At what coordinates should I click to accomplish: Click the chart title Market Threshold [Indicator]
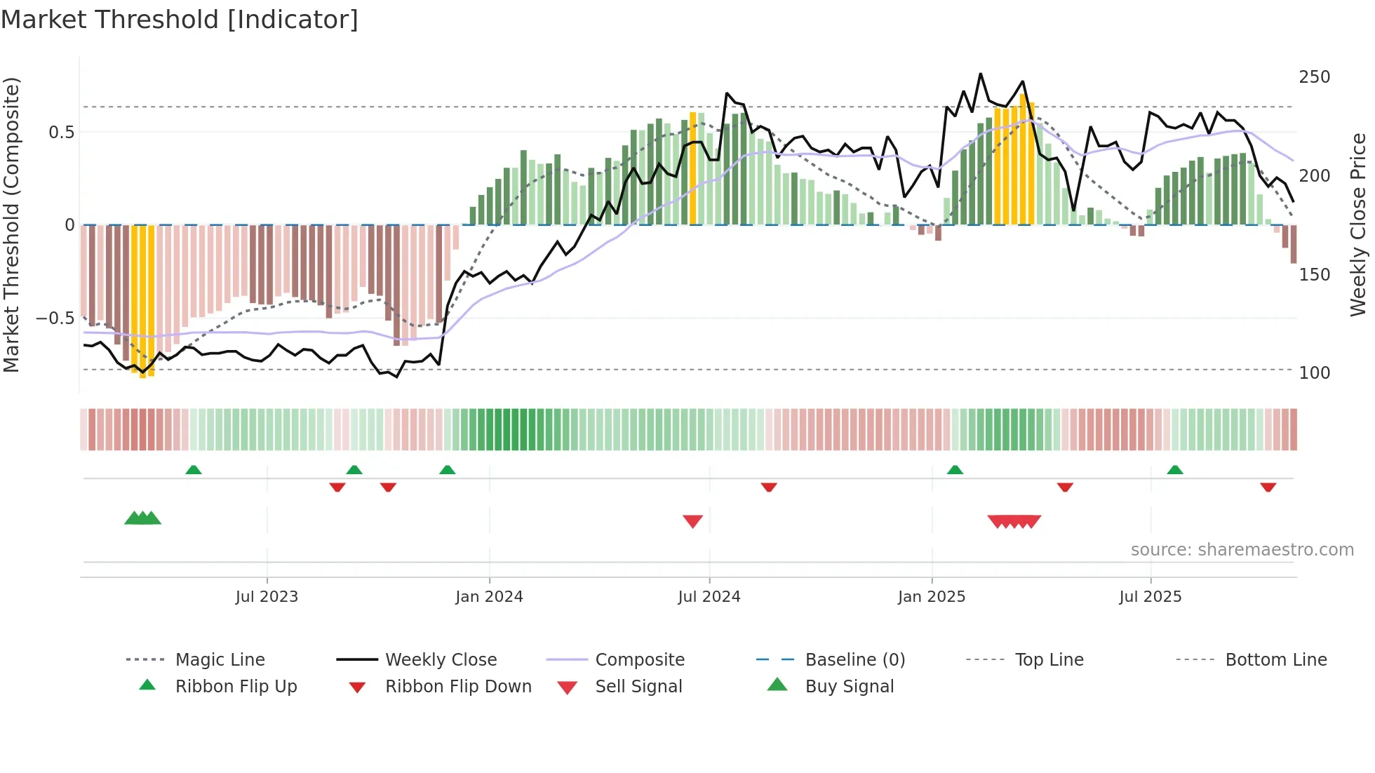point(180,20)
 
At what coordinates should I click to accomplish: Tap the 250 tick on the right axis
point(1314,77)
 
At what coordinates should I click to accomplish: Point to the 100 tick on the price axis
point(1314,373)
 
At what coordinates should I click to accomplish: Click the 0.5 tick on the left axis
point(61,133)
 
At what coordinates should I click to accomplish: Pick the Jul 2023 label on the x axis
point(267,597)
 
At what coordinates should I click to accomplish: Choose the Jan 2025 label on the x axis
point(931,597)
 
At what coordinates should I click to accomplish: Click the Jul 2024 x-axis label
point(709,597)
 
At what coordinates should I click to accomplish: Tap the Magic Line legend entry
point(220,660)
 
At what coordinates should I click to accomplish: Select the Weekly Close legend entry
point(441,660)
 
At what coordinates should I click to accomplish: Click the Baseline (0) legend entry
point(854,660)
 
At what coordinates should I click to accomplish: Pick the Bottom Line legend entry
point(1275,660)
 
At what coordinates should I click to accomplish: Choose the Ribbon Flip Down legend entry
point(458,687)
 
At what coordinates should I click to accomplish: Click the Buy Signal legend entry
point(849,687)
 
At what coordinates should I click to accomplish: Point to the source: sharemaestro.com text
point(1242,550)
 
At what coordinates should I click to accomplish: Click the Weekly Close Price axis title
point(1358,224)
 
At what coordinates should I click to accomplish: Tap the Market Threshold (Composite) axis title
point(11,224)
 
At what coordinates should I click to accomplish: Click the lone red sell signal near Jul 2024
point(692,521)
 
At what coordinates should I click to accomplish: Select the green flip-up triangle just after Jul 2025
point(1175,470)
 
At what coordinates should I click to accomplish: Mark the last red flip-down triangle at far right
point(1268,487)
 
